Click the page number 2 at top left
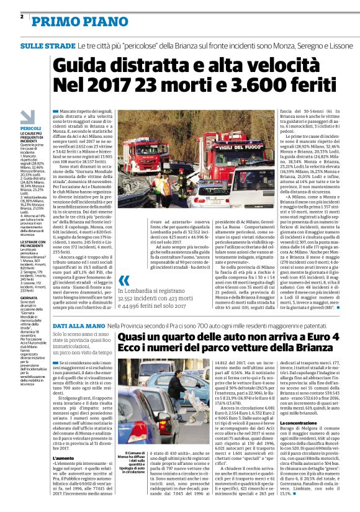pyautogui.click(x=22, y=16)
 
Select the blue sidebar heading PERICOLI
pyautogui.click(x=31, y=128)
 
